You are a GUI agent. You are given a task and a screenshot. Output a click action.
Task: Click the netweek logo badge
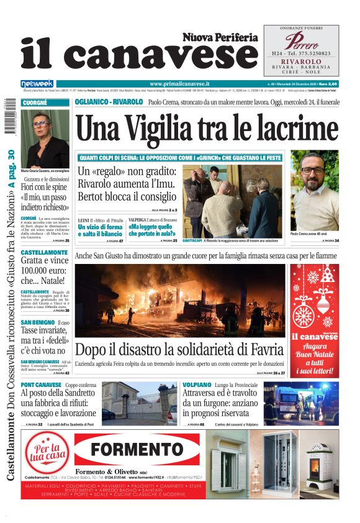(x=37, y=84)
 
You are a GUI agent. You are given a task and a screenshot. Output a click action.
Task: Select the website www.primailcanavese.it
(x=179, y=83)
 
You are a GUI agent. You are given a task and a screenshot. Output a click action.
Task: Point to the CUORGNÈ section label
(x=35, y=102)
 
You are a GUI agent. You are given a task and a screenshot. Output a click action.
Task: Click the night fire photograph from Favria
(x=181, y=300)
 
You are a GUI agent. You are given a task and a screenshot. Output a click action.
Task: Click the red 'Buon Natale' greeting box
(x=314, y=321)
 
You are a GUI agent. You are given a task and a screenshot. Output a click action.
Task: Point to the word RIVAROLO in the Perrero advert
(x=301, y=61)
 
